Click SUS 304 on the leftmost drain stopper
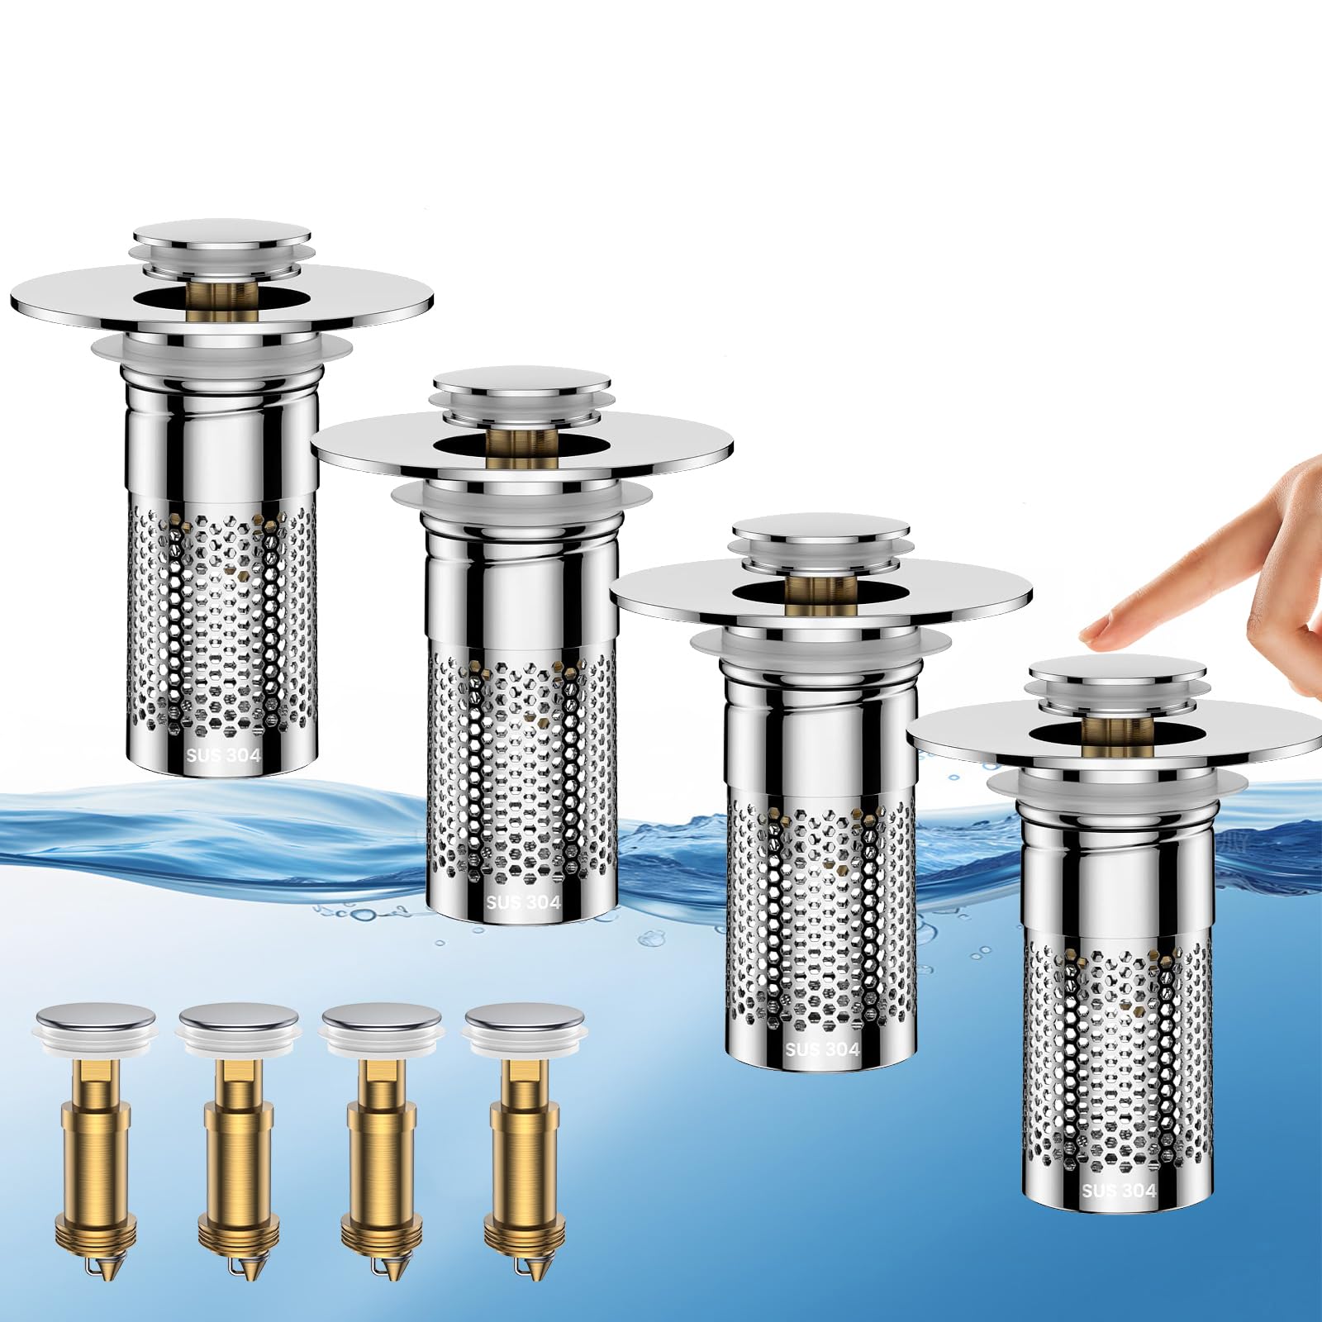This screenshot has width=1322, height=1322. coord(223,755)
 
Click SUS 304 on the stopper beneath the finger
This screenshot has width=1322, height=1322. coord(1119,1191)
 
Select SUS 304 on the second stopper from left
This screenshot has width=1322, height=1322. coord(524,902)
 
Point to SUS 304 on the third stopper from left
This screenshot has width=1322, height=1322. coord(822,1049)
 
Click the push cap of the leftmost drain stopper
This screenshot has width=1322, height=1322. coord(222,236)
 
